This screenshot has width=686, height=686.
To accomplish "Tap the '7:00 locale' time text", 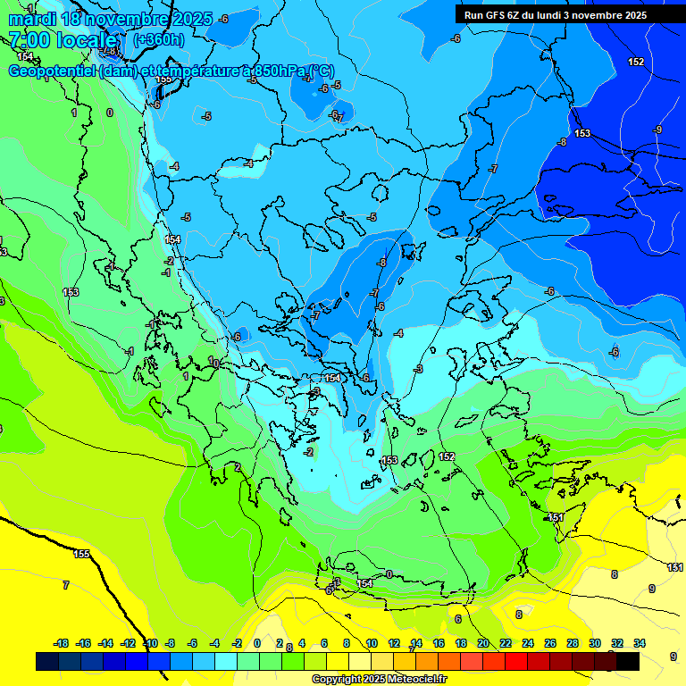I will [x=63, y=40].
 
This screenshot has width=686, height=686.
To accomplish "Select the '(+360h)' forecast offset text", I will [x=159, y=40].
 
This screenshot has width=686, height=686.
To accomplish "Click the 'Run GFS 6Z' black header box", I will [x=568, y=14].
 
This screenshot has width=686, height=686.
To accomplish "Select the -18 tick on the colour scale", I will [x=62, y=643].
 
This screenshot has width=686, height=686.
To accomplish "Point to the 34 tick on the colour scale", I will [x=640, y=643].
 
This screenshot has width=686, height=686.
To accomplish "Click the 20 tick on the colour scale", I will [x=483, y=643].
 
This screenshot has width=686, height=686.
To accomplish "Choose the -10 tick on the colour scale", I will [x=151, y=643].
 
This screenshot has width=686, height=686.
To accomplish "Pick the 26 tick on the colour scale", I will [x=550, y=643].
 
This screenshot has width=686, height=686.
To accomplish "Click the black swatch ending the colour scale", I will [x=628, y=662].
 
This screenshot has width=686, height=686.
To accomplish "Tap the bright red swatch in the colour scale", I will [x=516, y=662].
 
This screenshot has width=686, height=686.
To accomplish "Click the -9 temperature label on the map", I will [x=657, y=130].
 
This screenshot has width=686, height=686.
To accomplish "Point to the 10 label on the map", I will [x=213, y=362].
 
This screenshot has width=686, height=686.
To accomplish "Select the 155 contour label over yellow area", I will [x=81, y=555].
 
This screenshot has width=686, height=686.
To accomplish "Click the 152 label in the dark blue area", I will [x=636, y=62].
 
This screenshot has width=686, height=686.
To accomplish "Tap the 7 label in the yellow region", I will [x=65, y=585].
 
